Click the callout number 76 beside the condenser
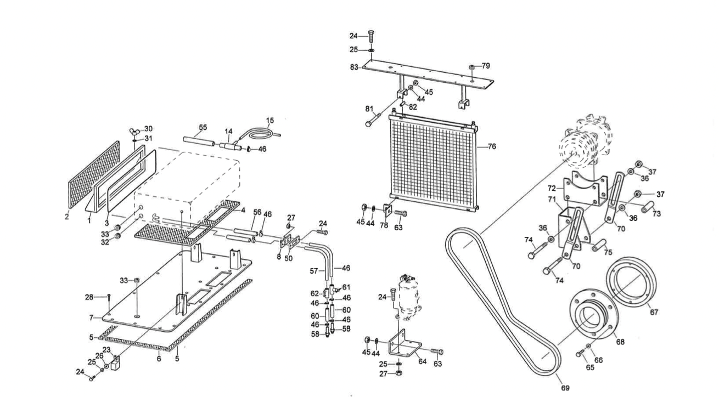[492, 146]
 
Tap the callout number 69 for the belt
[565, 388]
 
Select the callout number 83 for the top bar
[355, 67]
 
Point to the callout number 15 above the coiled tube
[269, 120]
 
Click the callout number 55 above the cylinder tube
[203, 127]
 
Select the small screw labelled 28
[110, 298]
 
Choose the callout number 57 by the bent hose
[314, 270]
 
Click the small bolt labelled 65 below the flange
[580, 354]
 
